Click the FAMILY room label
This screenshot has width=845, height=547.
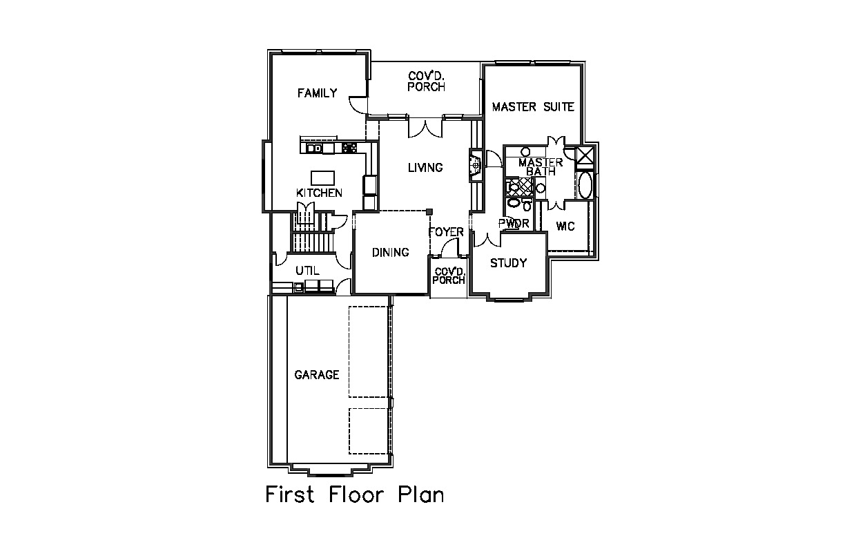[318, 93]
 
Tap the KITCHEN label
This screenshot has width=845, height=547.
[319, 193]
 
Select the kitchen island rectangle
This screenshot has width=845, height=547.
[322, 177]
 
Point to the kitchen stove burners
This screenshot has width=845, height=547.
[349, 148]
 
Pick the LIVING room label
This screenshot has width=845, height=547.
[425, 168]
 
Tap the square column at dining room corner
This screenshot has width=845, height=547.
[429, 212]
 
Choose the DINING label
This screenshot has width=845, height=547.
[391, 252]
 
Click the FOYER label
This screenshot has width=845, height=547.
[446, 232]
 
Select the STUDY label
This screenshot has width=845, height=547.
[509, 262]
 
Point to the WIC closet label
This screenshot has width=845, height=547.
[565, 227]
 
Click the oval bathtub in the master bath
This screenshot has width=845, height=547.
[585, 185]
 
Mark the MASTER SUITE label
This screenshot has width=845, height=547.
[533, 107]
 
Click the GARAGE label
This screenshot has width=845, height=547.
[317, 375]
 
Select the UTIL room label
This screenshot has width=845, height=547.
[307, 271]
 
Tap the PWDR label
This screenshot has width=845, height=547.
[514, 224]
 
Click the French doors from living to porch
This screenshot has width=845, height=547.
[425, 128]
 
